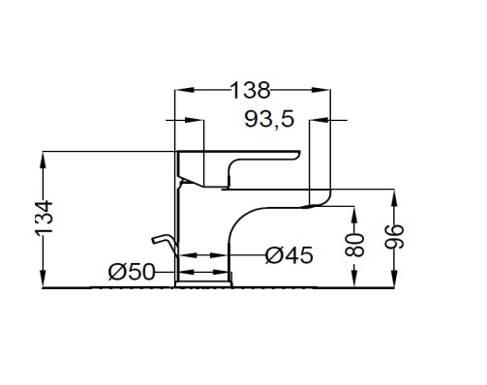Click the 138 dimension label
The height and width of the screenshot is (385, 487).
[x=251, y=90]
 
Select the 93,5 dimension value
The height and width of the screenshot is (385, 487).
[x=269, y=119]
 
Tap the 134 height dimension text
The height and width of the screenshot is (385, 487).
[x=44, y=218]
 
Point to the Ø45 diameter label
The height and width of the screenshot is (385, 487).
[x=289, y=255]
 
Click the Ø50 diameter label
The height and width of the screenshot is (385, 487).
[x=132, y=272]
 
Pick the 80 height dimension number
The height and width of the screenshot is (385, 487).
[x=354, y=245]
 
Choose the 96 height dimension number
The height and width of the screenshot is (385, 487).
[x=394, y=236]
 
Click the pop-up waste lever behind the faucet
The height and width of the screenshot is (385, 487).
[x=164, y=243]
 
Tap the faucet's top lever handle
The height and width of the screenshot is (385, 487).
[x=239, y=168]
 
